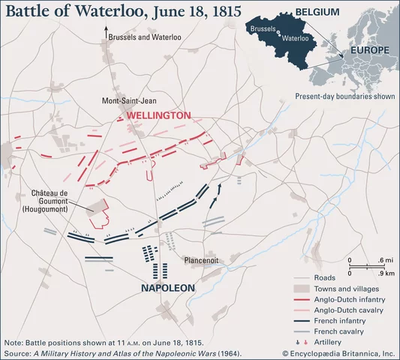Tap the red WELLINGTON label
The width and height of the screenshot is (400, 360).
coord(158,115)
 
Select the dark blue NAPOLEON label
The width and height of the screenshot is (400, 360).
coord(167,288)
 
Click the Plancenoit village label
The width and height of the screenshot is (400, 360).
coord(200,260)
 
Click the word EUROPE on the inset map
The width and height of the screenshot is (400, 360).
coord(367,50)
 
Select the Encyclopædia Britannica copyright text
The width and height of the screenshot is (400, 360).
coord(338,352)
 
